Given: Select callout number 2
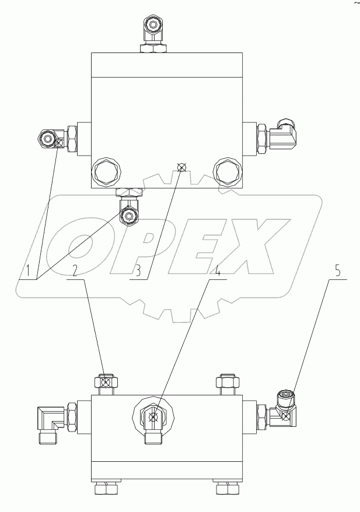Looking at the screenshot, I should coord(74,270).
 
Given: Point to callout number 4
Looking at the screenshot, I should coord(218,271).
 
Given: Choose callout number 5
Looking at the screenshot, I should coord(337,271).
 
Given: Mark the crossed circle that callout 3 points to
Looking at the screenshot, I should coord(181,168).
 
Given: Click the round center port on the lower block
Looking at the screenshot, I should coord(153,416).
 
